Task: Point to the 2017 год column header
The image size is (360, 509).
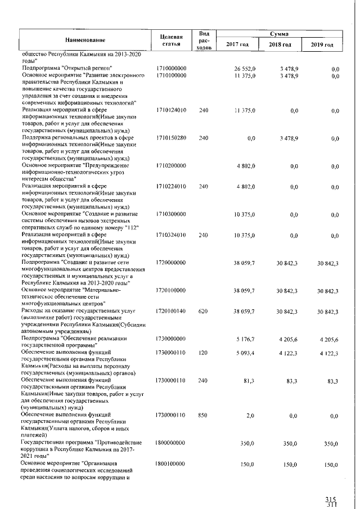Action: click(x=237, y=44)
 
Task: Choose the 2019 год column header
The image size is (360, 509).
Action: click(x=322, y=44)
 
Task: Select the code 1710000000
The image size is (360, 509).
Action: click(x=171, y=67)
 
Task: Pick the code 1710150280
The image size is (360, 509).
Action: click(x=171, y=137)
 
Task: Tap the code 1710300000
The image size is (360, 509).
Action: click(x=171, y=214)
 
